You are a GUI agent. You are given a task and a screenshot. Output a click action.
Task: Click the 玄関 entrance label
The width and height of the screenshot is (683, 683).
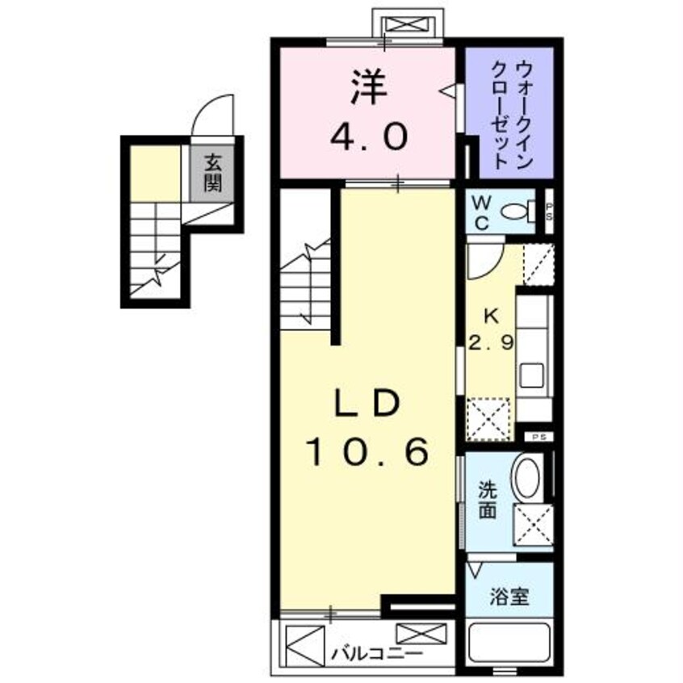click(212, 173)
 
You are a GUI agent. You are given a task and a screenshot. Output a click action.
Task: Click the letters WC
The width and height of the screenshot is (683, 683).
click(480, 212)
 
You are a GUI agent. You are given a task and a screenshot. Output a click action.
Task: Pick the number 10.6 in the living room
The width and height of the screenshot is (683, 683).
click(367, 454)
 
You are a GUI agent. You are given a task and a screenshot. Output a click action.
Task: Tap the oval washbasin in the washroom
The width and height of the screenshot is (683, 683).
click(527, 478)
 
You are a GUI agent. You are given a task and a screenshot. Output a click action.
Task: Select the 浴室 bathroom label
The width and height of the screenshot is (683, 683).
click(509, 597)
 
